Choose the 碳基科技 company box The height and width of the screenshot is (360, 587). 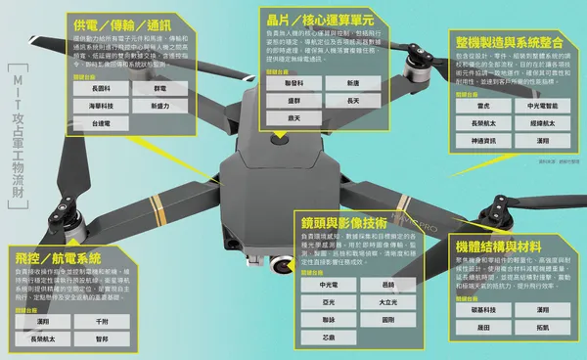click(482, 310)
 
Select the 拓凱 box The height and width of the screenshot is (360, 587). click(542, 328)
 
